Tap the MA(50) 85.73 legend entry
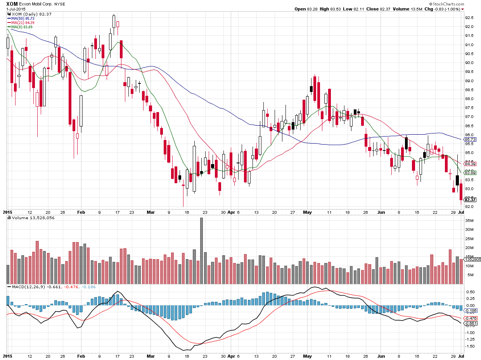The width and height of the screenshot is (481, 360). pos(23,18)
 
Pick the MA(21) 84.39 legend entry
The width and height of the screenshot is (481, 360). pos(23,22)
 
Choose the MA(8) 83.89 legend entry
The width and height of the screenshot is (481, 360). pos(22,27)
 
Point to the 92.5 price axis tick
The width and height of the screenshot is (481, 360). pos(469,17)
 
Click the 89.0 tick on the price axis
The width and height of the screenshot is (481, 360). pos(469,81)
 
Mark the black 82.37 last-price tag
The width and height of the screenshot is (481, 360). pos(470,200)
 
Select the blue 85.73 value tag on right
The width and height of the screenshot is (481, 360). pos(470,139)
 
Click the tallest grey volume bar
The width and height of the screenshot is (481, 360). pos(201,251)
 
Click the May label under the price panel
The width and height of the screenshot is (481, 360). pos(307,212)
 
